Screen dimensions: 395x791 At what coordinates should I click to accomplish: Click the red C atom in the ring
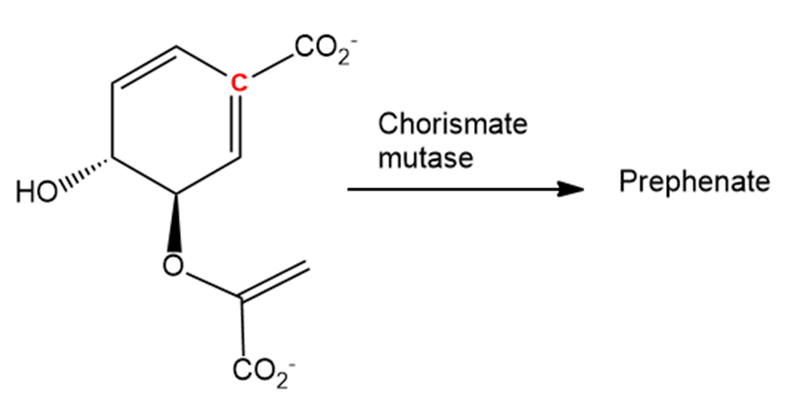pos(239,84)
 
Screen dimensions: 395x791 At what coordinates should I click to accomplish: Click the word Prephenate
pos(694,181)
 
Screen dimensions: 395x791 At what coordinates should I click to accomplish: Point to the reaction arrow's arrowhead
pos(568,189)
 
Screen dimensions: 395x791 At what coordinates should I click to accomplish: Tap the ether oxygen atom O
pos(172,262)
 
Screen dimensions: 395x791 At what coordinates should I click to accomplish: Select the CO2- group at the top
pos(321,48)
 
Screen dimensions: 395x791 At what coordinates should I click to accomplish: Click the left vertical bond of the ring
pos(112,122)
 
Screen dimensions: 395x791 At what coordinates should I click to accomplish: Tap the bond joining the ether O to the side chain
pos(209,284)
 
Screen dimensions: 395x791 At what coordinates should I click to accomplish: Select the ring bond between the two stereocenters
pos(143,178)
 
